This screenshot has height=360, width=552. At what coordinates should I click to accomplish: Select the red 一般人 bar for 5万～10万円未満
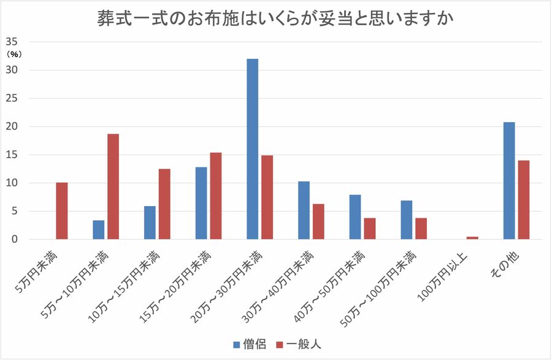(113, 186)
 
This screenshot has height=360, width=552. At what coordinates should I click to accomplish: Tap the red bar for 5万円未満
(61, 211)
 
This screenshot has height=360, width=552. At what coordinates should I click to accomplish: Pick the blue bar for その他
(509, 181)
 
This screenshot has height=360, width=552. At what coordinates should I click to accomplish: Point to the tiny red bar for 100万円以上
(472, 238)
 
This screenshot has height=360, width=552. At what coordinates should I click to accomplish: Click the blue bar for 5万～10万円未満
(99, 230)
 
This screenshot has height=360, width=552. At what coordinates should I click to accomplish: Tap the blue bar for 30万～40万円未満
(304, 210)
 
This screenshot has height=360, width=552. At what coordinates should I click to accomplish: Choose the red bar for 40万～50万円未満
(369, 229)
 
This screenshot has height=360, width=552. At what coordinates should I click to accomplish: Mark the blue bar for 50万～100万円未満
(407, 220)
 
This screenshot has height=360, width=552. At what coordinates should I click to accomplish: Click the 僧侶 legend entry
(249, 344)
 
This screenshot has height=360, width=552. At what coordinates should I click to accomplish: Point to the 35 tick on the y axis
(13, 42)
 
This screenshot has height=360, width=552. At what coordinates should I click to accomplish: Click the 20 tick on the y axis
(13, 126)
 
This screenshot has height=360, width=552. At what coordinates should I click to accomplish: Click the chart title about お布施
(275, 18)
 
